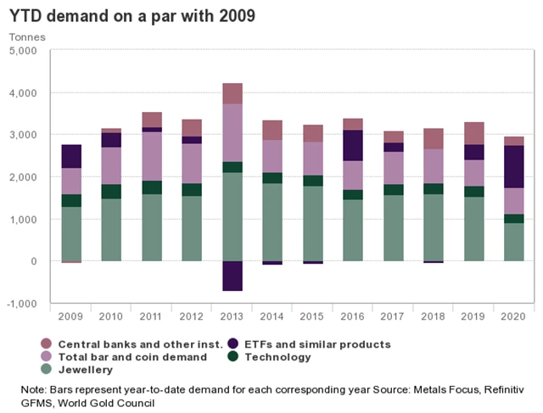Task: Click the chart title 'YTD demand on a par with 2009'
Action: (132, 16)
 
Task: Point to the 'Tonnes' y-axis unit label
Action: (27, 36)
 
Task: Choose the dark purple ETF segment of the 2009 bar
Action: (71, 156)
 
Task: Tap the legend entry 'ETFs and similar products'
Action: (319, 344)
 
